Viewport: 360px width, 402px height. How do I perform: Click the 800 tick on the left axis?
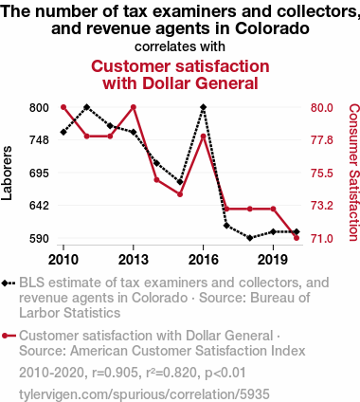[37, 107]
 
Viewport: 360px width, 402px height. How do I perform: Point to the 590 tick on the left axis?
[37, 238]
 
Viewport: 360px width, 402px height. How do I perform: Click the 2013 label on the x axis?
[134, 258]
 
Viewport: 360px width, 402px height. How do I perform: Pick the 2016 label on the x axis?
[204, 258]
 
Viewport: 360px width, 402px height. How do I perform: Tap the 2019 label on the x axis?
[273, 258]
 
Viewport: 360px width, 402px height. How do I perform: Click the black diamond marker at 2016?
[204, 107]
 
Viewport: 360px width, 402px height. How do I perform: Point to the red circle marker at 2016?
[204, 137]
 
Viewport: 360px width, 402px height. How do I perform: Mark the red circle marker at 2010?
[63, 107]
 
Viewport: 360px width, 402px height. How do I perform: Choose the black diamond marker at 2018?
[250, 238]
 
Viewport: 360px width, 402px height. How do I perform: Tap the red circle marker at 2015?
[180, 194]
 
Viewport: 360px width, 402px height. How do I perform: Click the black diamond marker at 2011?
[87, 107]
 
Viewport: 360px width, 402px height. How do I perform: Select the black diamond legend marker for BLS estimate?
[9, 283]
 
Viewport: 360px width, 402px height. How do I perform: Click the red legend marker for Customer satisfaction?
[9, 336]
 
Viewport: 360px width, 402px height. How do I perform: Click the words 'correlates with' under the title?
[180, 46]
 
